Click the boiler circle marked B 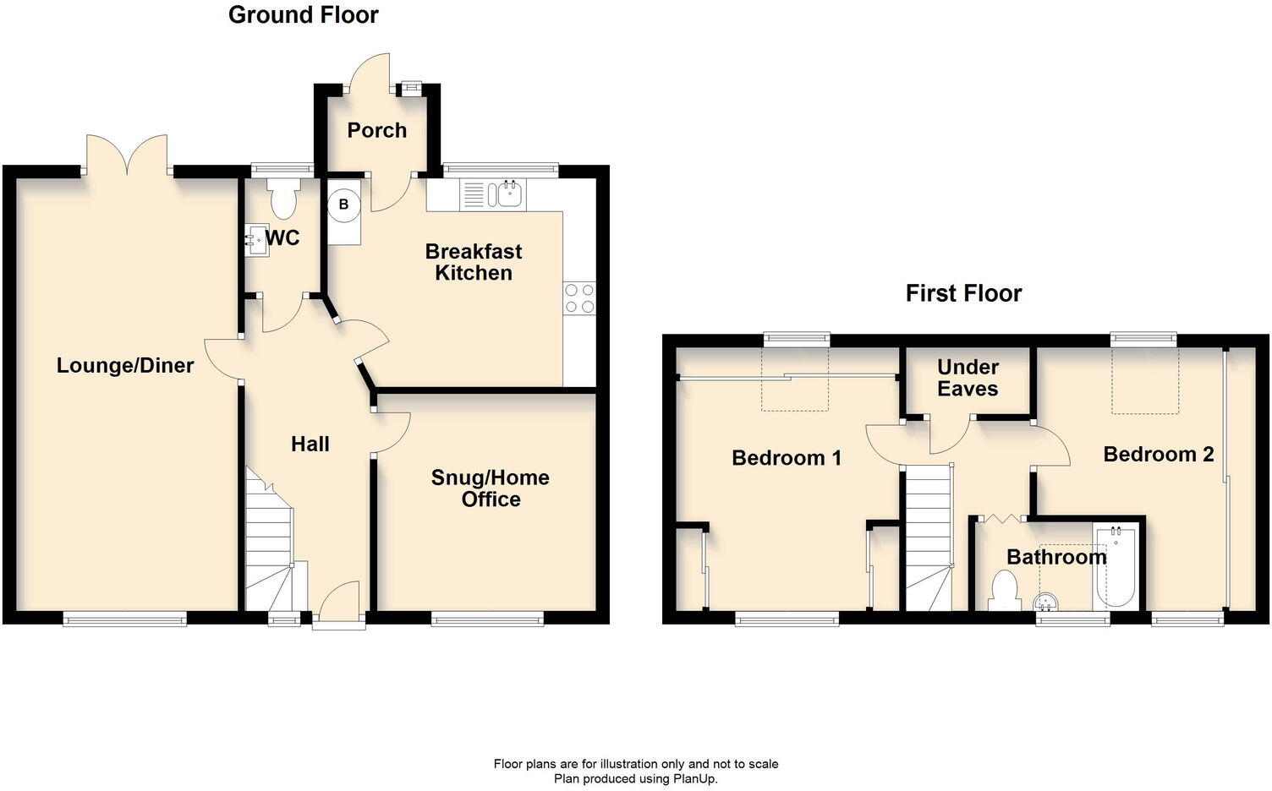point(343,205)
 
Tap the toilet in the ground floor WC point(282,197)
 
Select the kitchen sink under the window point(509,195)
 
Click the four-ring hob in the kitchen point(579,298)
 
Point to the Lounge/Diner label point(125,365)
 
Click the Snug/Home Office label point(491,488)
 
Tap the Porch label point(377,130)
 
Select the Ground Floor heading point(304,14)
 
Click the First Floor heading point(963,293)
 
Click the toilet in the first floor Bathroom point(1004,590)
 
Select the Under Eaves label point(968,378)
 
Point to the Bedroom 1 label point(787,458)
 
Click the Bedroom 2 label point(1159,455)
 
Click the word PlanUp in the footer point(694,778)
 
